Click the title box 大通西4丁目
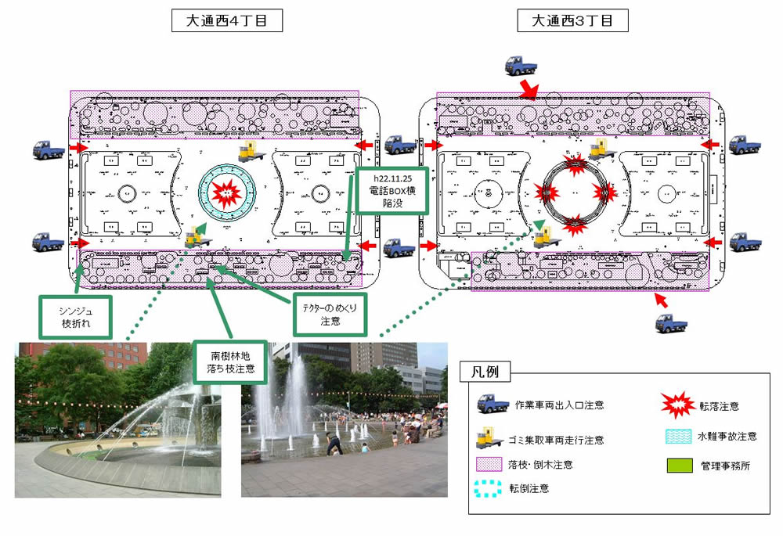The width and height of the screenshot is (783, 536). pos(227,22)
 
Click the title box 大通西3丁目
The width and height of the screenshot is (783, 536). pos(573,22)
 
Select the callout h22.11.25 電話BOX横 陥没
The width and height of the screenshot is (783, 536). pos(391,190)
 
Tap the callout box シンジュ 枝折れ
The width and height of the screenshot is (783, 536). pos(75,317)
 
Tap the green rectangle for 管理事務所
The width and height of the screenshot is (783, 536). pos(673,466)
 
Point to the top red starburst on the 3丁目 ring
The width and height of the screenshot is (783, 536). pos(576,164)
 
